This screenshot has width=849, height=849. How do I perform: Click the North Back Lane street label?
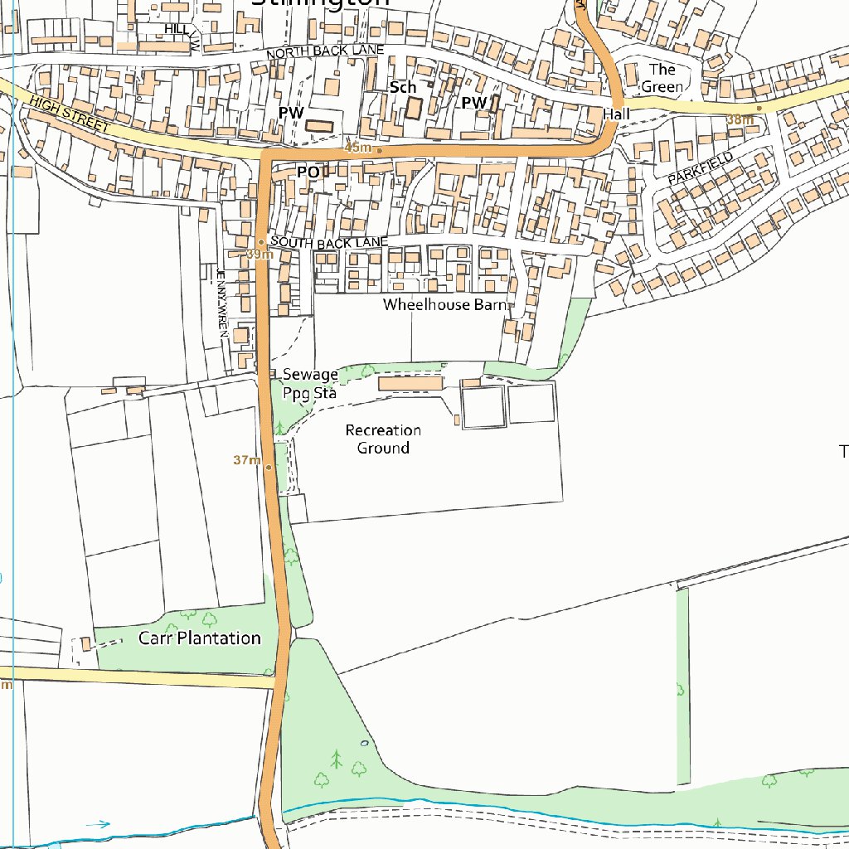coord(325,52)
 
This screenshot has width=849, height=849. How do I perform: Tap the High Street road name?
coord(69,114)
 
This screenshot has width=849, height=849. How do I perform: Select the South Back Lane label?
coord(329,242)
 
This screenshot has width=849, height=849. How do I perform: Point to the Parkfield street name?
coord(701,168)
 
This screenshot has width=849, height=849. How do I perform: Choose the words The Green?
coord(662,78)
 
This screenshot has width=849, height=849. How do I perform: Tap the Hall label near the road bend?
coord(617,114)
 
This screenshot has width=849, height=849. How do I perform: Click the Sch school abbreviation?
coord(402,87)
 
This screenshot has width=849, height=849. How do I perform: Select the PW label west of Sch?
coord(291,111)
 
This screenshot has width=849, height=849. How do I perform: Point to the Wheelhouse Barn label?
coord(444,305)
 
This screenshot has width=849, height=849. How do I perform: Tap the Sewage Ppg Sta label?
coord(310,384)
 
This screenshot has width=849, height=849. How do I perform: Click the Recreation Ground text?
coord(383,439)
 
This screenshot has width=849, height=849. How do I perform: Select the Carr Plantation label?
coord(199,638)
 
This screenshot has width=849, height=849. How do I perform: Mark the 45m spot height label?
coord(358,148)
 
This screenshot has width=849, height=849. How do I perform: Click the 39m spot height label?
coord(260,255)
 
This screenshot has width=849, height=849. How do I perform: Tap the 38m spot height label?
coord(740,119)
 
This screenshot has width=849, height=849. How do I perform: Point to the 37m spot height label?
coord(246,460)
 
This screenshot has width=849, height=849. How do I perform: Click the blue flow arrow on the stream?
coord(98,824)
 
